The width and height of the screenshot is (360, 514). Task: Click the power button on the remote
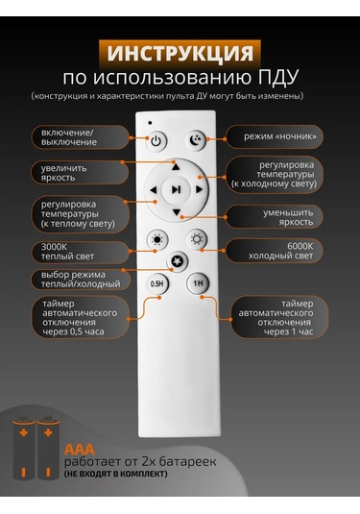click(156, 141)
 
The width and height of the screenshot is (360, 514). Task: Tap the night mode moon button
click(196, 140)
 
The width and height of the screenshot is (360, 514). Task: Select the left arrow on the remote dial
click(154, 190)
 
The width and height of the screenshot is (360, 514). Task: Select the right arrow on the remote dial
click(199, 189)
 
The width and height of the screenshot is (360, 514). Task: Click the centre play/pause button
click(177, 189)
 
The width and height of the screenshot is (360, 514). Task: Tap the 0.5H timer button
click(156, 283)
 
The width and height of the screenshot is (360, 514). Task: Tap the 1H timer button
click(198, 282)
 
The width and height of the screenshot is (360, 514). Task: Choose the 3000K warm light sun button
click(157, 239)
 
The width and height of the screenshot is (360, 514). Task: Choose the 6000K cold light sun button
click(197, 239)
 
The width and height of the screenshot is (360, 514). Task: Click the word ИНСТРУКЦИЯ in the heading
click(180, 53)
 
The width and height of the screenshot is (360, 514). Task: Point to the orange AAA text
click(80, 450)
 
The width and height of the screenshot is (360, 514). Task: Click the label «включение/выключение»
click(69, 137)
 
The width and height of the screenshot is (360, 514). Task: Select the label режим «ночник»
click(280, 136)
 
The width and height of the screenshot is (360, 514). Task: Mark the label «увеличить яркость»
click(64, 173)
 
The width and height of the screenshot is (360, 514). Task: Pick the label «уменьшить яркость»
click(288, 217)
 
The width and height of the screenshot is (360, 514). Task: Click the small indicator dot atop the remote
click(150, 123)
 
